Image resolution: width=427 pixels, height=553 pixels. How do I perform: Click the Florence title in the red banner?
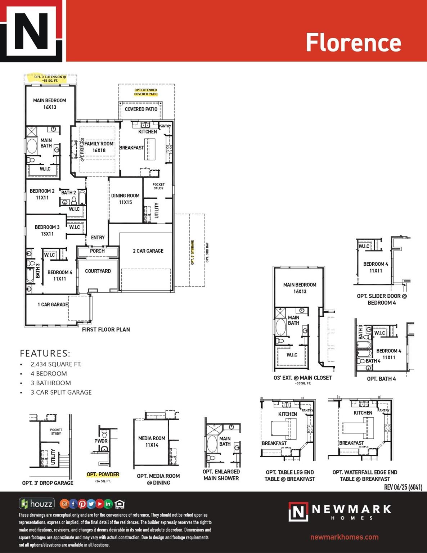click(x=353, y=42)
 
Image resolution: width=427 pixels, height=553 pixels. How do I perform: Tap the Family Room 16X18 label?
click(x=99, y=147)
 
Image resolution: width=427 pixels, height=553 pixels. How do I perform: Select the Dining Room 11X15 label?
click(x=125, y=199)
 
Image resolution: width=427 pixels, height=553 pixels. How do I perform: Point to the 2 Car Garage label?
click(x=148, y=251)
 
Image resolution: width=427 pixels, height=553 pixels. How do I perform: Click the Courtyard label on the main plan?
click(x=98, y=271)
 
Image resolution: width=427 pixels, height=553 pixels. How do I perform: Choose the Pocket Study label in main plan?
click(x=158, y=186)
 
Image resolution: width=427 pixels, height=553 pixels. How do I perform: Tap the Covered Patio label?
click(x=141, y=109)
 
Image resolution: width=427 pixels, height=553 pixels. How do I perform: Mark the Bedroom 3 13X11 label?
click(x=47, y=230)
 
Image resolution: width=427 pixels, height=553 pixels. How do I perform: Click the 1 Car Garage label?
click(x=53, y=305)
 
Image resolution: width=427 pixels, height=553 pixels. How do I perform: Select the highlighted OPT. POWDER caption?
click(x=103, y=475)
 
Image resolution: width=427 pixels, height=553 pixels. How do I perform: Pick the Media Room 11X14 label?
click(x=152, y=441)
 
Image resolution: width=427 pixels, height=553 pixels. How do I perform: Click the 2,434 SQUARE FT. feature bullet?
click(x=56, y=364)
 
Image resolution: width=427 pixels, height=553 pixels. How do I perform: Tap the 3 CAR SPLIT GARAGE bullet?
click(x=61, y=392)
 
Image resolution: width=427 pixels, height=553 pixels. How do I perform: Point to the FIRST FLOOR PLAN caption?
click(x=106, y=329)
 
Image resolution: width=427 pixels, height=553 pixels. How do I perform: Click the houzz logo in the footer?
click(x=37, y=504)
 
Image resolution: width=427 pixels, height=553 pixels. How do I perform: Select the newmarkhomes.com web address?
click(x=344, y=537)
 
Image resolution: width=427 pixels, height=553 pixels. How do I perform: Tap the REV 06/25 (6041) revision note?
click(x=403, y=487)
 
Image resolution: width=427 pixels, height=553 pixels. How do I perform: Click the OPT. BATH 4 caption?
click(x=381, y=379)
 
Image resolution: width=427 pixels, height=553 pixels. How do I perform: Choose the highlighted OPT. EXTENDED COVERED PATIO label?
click(x=146, y=92)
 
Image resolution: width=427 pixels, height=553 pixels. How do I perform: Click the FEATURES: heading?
click(x=45, y=353)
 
